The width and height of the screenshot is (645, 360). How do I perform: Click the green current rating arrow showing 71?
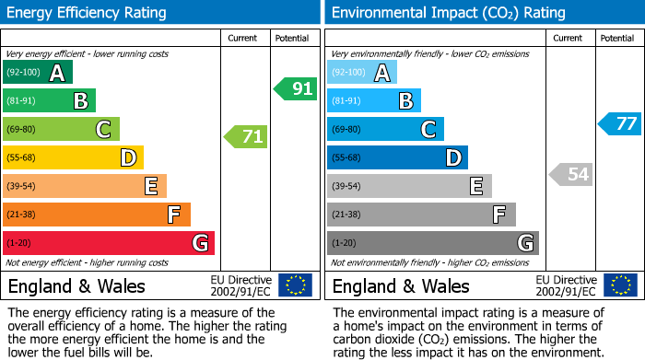(x=246, y=137)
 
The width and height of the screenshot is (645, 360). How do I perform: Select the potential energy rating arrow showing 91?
(x=296, y=89)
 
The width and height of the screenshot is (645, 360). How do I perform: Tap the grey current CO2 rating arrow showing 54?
(x=570, y=174)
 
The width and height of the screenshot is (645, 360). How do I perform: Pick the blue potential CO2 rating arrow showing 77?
(x=620, y=124)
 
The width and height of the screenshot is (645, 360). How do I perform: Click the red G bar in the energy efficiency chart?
(x=109, y=243)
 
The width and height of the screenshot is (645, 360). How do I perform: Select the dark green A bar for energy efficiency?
(x=38, y=73)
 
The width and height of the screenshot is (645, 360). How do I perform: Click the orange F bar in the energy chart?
(x=97, y=215)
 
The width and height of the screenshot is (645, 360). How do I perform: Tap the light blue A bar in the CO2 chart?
(x=362, y=73)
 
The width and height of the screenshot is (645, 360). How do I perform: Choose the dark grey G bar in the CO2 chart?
(x=432, y=243)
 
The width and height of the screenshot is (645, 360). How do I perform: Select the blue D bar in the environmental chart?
(x=397, y=158)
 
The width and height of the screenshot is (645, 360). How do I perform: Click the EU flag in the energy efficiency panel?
(x=295, y=285)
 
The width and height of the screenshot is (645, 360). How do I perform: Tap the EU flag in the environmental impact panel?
(x=620, y=285)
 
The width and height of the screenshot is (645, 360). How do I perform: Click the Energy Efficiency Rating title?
(x=88, y=13)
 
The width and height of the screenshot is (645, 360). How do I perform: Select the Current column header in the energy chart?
(x=242, y=38)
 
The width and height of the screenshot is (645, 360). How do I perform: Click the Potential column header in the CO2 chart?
(x=616, y=38)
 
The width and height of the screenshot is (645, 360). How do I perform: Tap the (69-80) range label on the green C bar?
(x=21, y=130)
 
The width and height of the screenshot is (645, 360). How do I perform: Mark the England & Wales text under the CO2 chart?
(x=401, y=285)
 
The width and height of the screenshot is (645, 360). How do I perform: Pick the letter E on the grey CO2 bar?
(x=475, y=187)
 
